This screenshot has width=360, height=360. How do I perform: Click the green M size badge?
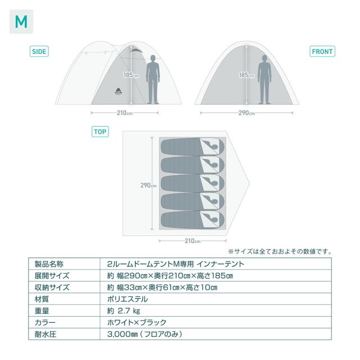[21, 21]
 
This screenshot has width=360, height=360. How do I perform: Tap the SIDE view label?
[39, 51]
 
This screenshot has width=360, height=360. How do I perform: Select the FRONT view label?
[322, 51]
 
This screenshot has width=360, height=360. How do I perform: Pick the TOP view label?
[100, 132]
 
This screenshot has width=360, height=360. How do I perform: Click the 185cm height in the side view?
[131, 75]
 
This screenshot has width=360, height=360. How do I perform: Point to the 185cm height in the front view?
[246, 75]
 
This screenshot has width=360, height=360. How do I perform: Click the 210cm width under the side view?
[125, 112]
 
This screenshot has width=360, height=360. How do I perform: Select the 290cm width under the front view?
[246, 112]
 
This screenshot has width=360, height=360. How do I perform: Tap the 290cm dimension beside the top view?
[148, 185]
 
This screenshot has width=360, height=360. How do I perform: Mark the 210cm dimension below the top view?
[192, 241]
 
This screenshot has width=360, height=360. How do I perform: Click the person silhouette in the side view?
[153, 80]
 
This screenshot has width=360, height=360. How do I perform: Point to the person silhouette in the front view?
[264, 80]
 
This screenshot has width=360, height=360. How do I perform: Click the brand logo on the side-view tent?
[119, 91]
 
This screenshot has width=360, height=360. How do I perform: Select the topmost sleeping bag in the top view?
[192, 147]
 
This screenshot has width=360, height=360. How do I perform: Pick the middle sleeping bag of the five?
[192, 183]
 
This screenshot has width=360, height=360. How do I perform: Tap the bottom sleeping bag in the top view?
[192, 220]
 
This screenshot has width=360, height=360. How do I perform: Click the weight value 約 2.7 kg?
[124, 310]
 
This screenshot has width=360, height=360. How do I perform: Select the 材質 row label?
[42, 299]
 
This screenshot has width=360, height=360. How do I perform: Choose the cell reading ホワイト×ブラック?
[137, 322]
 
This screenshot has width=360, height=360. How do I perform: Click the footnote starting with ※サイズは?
[280, 251]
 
